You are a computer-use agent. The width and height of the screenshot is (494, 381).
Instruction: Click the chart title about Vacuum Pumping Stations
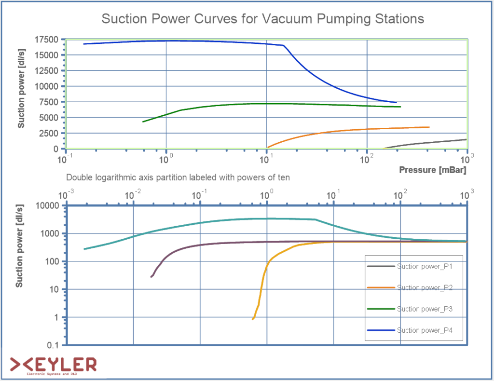coord(262,19)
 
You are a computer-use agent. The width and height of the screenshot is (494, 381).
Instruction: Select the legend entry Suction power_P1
coord(424,266)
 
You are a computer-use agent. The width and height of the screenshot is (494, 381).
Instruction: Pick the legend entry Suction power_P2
coord(424,287)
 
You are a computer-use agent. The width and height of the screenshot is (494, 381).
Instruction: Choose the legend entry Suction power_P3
coord(424,309)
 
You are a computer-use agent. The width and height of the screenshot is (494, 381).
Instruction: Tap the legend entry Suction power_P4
coord(424,330)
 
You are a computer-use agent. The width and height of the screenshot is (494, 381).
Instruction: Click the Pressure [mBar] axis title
coord(433,170)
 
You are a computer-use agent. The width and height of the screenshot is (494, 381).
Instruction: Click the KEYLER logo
coord(53,365)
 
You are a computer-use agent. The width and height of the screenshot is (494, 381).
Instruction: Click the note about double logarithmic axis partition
coord(178,177)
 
